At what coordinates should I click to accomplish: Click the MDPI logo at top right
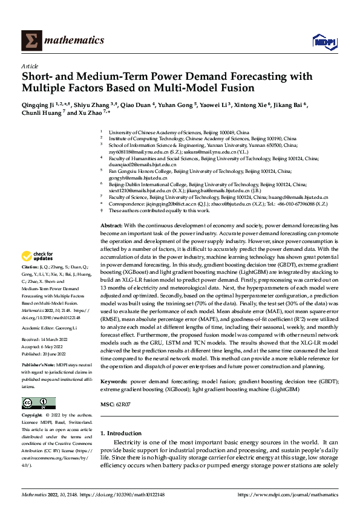(322, 41)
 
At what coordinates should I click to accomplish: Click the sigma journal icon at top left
(30, 41)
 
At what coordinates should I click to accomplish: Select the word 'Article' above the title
(30, 66)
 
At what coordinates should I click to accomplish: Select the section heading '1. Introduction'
(120, 433)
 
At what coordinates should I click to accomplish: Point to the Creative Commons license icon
(38, 403)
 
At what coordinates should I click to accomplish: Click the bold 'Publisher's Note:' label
(38, 366)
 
